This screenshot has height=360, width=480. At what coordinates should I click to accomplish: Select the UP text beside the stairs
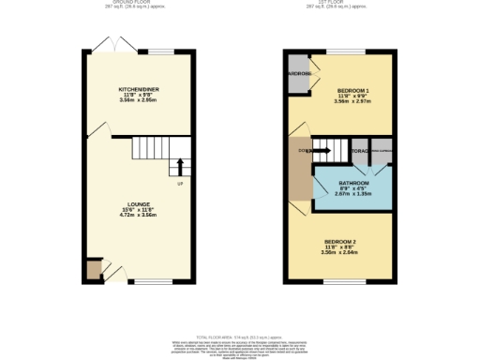179,183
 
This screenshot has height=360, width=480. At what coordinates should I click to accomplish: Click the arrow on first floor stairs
322,147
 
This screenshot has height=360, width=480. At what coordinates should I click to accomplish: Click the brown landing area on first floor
299,169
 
